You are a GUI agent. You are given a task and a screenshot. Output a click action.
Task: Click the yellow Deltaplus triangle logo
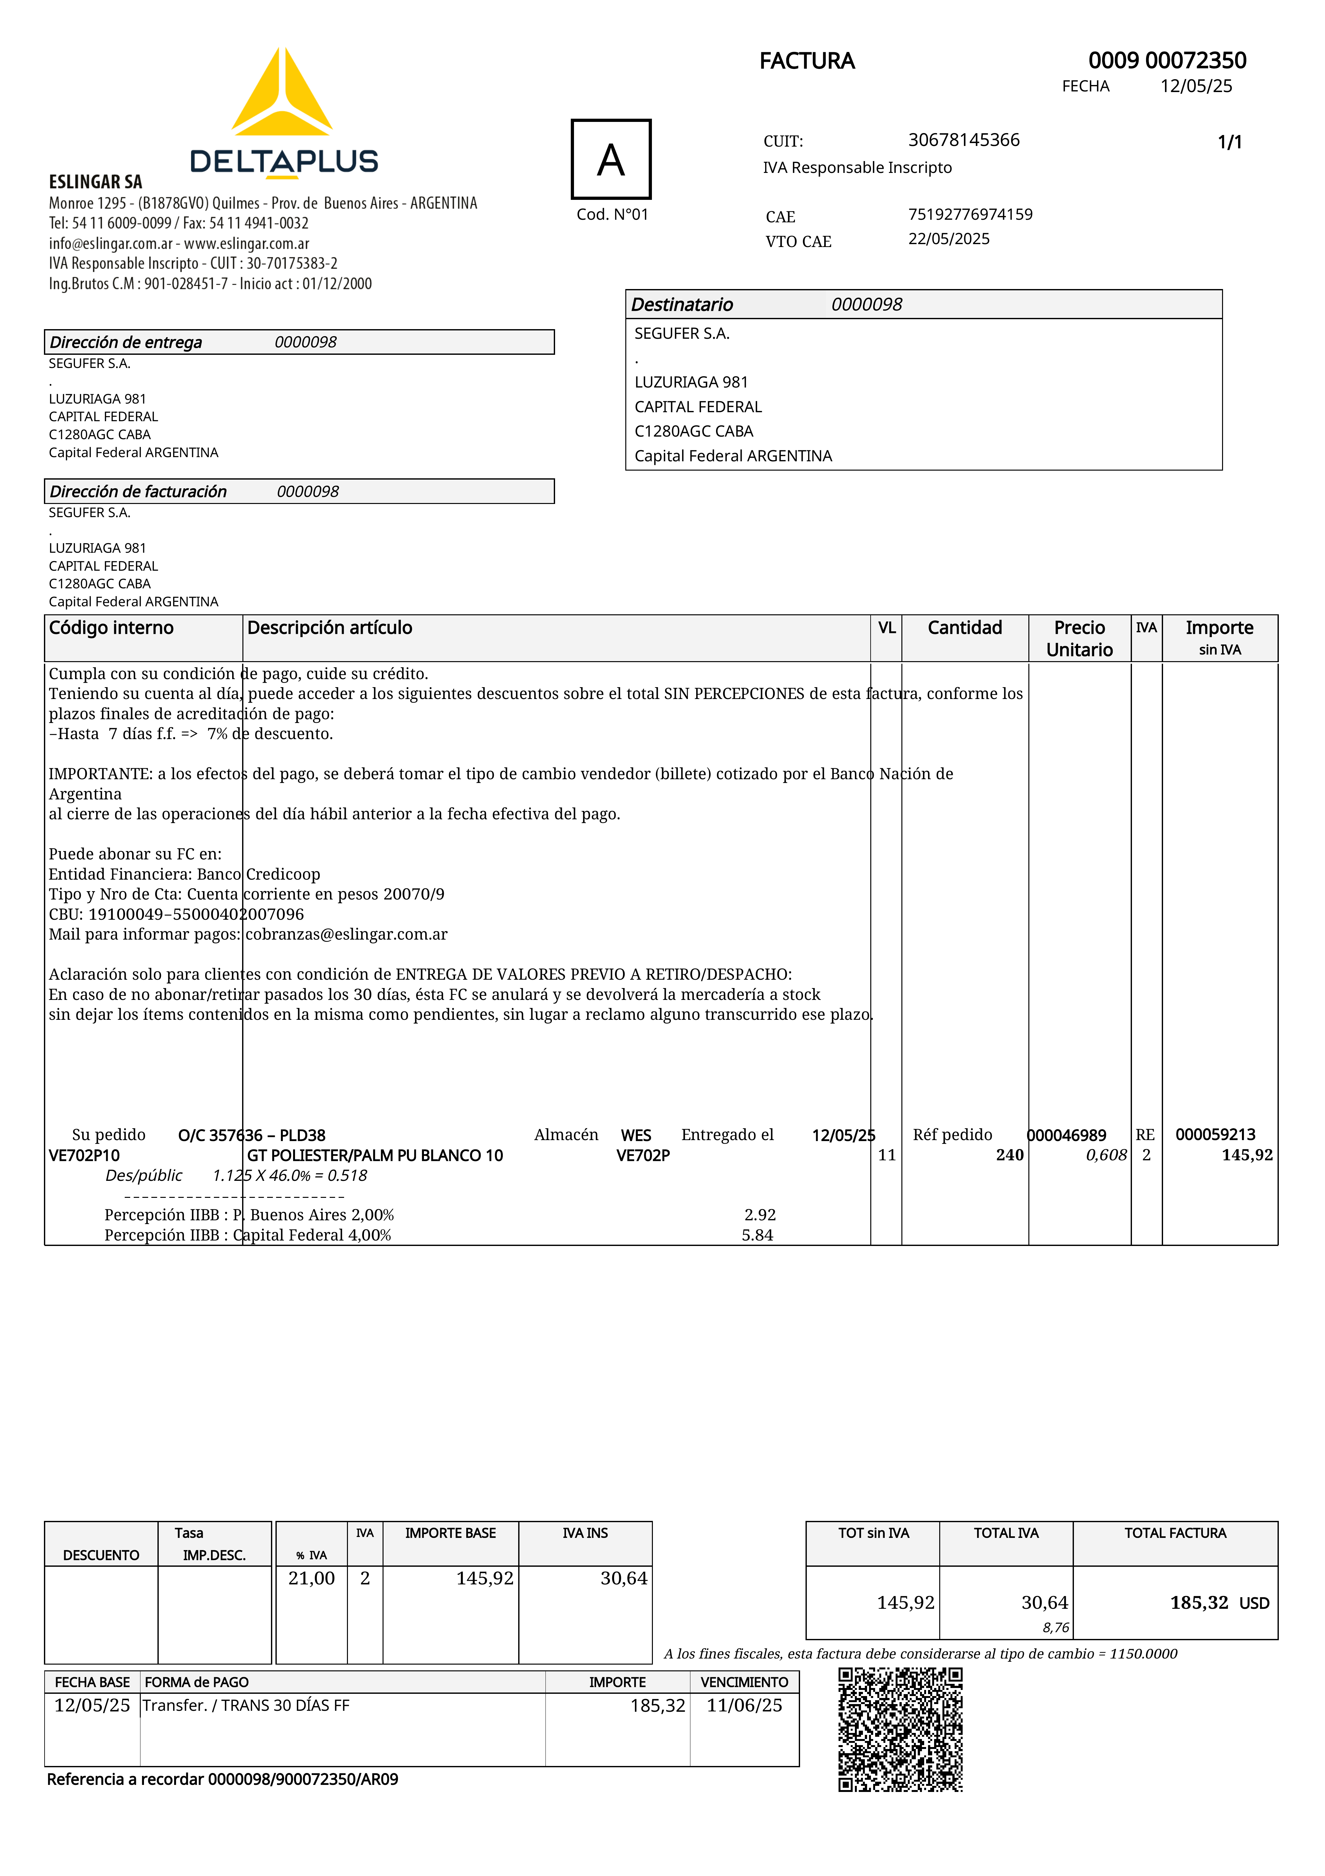[282, 94]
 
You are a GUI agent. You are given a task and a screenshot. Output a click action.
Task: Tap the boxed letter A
[611, 159]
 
